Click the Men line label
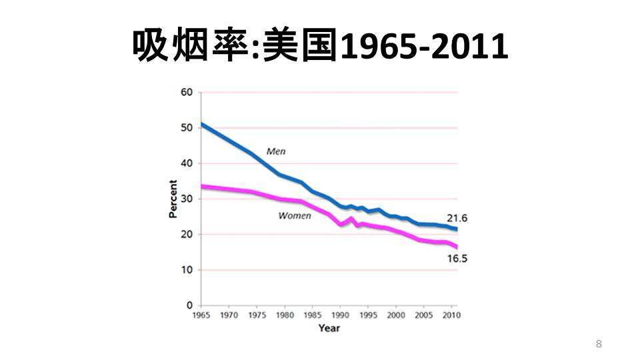[276, 151]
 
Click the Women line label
[294, 216]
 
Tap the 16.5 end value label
[457, 259]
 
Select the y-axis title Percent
[173, 199]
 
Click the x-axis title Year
[329, 328]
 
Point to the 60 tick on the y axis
[187, 92]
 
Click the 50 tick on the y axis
[187, 128]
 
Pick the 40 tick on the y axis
[187, 163]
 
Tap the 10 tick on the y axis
[187, 270]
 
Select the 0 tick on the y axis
[189, 305]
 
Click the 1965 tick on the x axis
[201, 315]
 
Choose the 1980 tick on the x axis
[285, 315]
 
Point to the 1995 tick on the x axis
[368, 315]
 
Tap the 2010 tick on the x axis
[451, 315]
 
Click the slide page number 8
[598, 344]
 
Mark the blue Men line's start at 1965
[201, 124]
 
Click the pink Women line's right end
[457, 247]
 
